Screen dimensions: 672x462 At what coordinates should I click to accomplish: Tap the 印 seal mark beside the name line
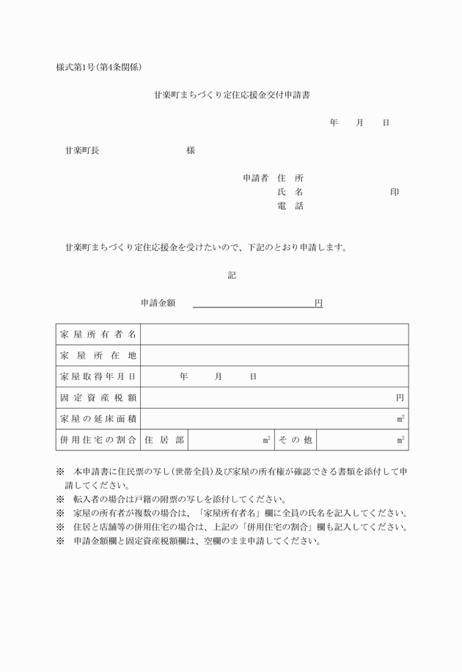click(x=395, y=192)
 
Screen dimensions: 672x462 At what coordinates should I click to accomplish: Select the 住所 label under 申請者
click(x=290, y=178)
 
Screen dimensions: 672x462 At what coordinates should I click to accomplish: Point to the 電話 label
click(x=290, y=206)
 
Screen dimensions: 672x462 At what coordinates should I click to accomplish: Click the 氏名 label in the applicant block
click(x=290, y=192)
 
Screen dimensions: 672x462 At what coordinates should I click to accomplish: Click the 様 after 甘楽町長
click(x=191, y=150)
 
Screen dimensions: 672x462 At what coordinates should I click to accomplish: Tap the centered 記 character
click(x=232, y=276)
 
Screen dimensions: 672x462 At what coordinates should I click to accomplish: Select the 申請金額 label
click(x=158, y=303)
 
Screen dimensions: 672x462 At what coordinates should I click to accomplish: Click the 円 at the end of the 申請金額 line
click(x=318, y=303)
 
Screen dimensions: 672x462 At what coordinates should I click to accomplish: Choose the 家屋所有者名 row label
click(x=98, y=335)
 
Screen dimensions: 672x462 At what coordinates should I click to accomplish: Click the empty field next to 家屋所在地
click(x=274, y=356)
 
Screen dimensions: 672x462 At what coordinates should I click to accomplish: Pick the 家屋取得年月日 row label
click(x=98, y=376)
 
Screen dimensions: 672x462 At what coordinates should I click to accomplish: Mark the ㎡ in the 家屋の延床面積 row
click(x=400, y=419)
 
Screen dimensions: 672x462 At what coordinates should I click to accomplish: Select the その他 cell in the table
click(x=295, y=440)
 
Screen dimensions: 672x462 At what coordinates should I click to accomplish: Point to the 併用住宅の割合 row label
click(x=98, y=440)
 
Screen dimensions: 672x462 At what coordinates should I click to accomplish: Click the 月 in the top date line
click(x=359, y=123)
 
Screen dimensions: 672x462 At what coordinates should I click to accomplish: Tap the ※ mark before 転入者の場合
click(x=60, y=499)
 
